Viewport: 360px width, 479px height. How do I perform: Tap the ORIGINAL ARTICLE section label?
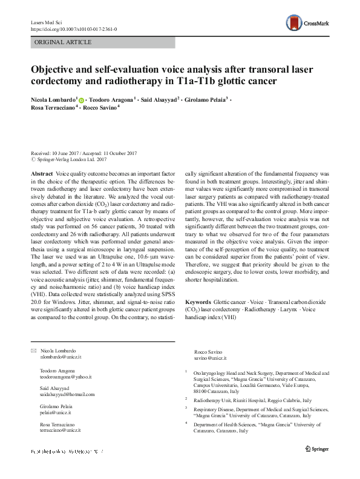coord(64,42)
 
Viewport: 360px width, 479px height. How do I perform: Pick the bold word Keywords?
coord(198,301)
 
